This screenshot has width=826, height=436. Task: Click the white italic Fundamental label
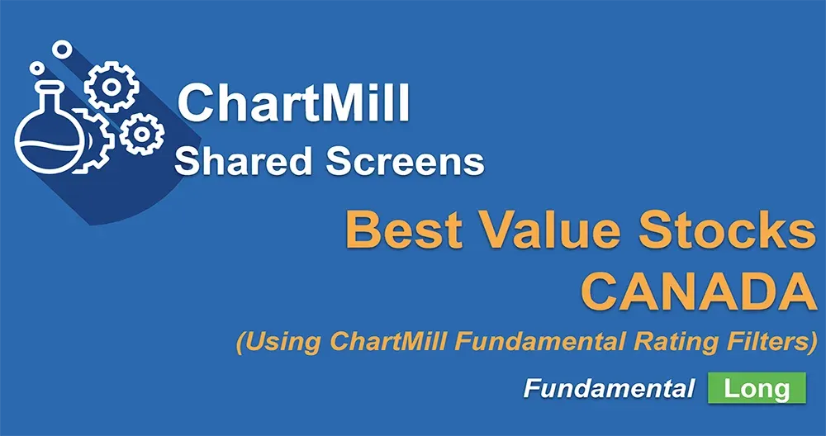(x=609, y=389)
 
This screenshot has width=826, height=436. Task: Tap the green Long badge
(x=757, y=388)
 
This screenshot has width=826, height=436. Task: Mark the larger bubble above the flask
(x=61, y=50)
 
